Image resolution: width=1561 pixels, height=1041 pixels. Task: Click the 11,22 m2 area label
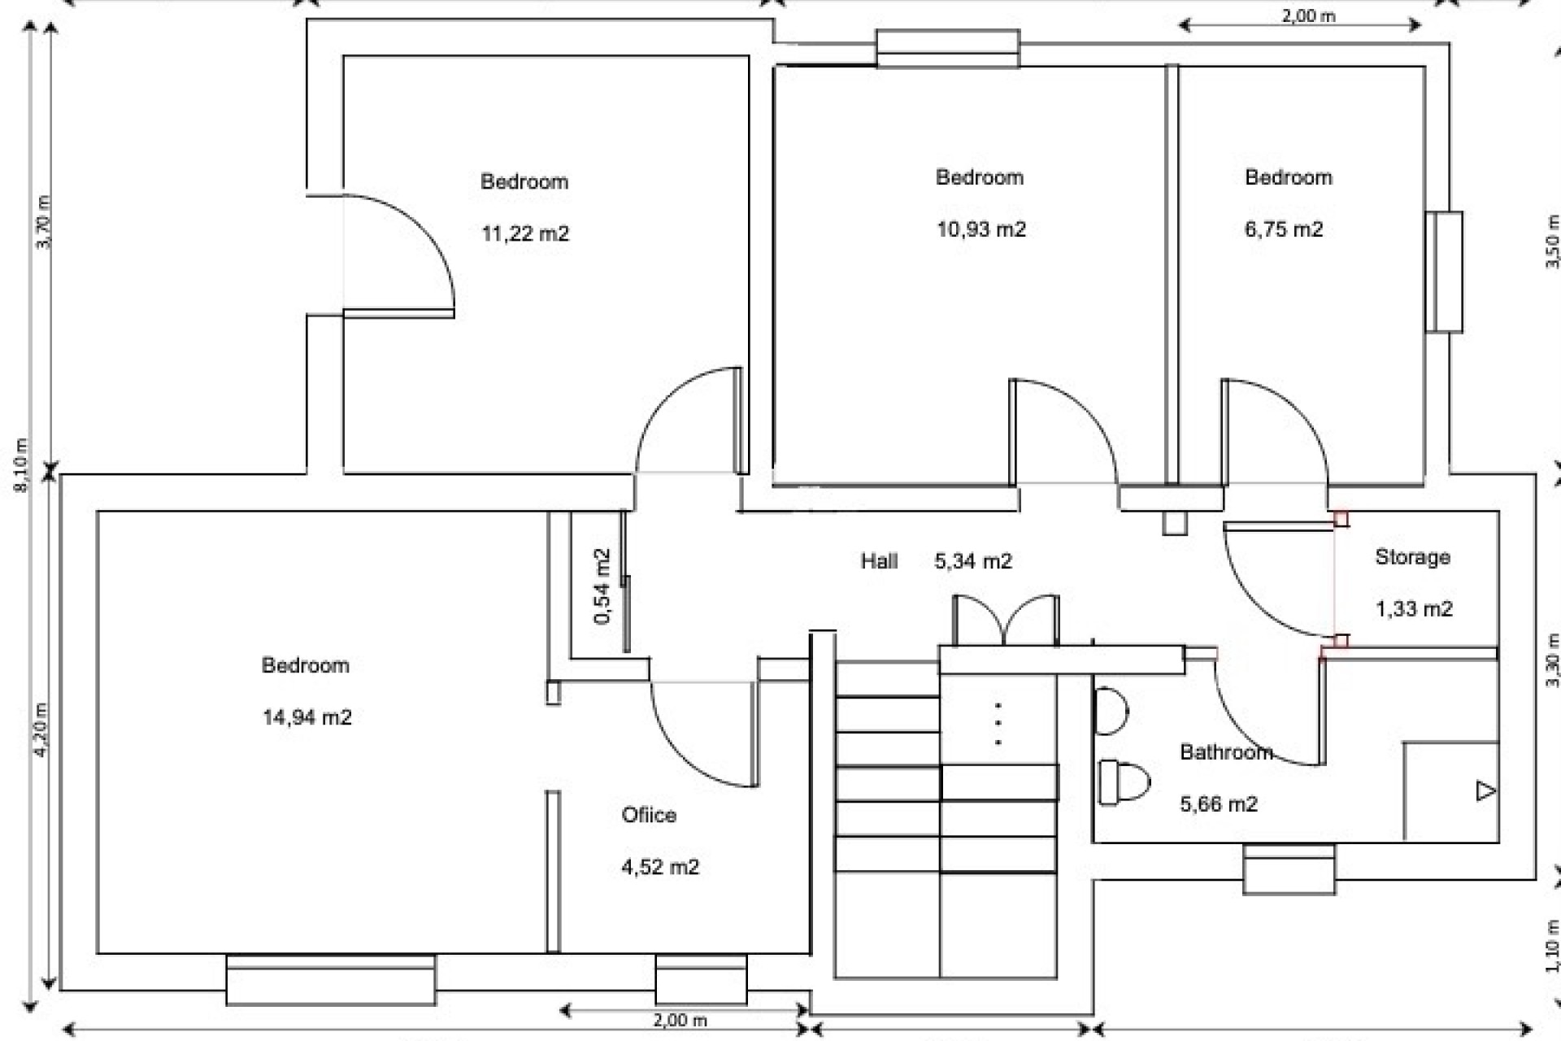[525, 234]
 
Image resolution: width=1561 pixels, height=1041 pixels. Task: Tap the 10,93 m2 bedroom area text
[981, 229]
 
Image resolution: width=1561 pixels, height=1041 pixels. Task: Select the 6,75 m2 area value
[1283, 229]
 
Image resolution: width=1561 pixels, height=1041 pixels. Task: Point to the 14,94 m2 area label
[307, 717]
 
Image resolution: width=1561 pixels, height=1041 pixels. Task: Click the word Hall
[879, 561]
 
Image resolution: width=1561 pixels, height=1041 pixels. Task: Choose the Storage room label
[1412, 557]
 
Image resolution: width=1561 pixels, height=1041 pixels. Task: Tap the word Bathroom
[1225, 752]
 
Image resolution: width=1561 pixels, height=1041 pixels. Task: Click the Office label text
[648, 815]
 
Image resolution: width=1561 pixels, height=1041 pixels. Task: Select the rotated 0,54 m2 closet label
[602, 586]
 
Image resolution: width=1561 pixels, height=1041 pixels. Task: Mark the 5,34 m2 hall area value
[972, 561]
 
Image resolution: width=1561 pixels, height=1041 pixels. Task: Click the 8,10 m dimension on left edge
[22, 464]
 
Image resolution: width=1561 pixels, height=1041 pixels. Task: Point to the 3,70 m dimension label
[44, 222]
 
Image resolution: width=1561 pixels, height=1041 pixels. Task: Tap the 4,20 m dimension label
[41, 729]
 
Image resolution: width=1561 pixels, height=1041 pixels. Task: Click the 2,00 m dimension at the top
[1308, 15]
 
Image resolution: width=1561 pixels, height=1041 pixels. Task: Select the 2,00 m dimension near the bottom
[680, 1020]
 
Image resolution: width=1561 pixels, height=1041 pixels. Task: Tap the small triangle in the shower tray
[1485, 791]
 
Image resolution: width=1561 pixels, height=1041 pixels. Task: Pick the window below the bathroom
[1289, 869]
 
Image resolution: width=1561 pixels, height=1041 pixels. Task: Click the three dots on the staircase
[998, 724]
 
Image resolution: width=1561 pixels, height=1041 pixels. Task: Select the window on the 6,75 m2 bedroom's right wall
[1444, 272]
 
